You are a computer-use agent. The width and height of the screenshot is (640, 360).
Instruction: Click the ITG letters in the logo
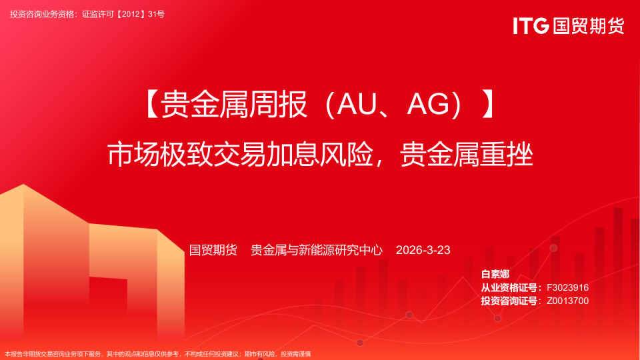coord(531,26)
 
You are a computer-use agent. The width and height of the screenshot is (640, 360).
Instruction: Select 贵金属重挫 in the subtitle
coord(467,155)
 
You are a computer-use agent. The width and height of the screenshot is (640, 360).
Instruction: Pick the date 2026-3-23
coord(423,251)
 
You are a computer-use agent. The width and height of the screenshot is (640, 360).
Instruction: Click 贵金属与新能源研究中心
coord(317,251)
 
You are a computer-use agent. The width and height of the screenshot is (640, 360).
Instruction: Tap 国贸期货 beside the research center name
coord(213,251)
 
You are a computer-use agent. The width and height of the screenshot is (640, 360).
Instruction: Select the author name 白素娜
coord(495,275)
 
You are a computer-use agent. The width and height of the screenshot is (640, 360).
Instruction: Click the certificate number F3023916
coord(567,287)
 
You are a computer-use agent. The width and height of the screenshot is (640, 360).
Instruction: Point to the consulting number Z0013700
coord(567,301)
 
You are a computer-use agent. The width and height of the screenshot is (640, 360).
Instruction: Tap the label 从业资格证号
coord(510,287)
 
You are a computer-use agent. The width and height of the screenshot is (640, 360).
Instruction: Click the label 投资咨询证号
coord(510,301)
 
